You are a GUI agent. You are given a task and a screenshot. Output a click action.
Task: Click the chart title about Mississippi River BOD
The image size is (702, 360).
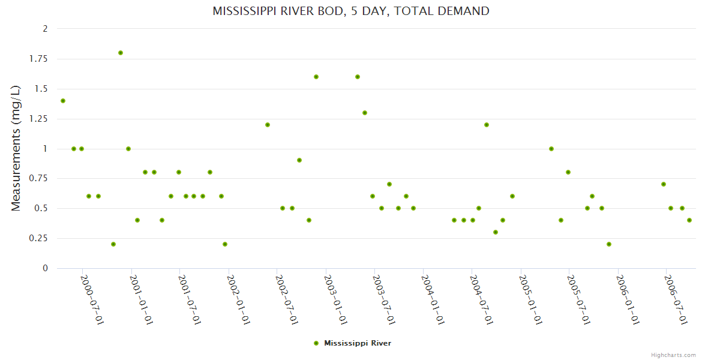tap(351, 11)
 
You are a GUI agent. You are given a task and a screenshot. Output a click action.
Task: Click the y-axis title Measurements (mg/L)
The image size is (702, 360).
tap(16, 148)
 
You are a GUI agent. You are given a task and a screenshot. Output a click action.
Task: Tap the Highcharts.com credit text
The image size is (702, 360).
tap(673, 355)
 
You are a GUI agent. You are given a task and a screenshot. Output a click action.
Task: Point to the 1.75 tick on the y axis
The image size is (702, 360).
tap(40, 59)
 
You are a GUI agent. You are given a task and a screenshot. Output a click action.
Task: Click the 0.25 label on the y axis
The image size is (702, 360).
tap(40, 238)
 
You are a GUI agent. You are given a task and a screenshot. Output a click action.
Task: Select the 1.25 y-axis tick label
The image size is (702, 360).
tap(40, 119)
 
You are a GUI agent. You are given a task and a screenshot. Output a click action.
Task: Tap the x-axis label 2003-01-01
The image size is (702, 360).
tap(336, 300)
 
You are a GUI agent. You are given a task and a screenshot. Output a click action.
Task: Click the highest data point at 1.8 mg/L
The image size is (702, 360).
tap(121, 53)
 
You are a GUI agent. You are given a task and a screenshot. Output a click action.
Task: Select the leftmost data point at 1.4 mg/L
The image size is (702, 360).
tap(63, 101)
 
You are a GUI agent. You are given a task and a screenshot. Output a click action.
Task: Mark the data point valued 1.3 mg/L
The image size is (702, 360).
tap(365, 113)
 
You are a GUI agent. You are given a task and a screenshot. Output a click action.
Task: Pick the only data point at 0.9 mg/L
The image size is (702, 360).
tap(299, 160)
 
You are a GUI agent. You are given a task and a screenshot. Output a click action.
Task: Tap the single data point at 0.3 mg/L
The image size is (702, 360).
tap(496, 232)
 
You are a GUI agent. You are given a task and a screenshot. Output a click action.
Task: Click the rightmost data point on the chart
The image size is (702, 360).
tap(689, 220)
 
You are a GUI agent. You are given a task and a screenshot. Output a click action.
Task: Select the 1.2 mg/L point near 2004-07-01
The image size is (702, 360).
tap(487, 125)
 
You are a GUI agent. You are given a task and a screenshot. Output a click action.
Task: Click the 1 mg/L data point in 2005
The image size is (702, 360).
tap(551, 149)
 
